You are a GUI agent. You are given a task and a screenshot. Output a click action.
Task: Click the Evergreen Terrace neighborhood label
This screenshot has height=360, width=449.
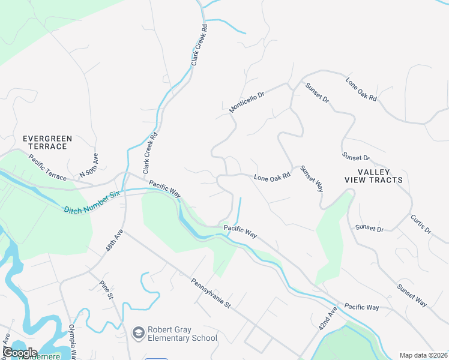pyautogui.click(x=47, y=142)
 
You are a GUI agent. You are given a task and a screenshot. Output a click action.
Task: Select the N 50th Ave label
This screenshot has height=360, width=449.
pyautogui.click(x=89, y=166)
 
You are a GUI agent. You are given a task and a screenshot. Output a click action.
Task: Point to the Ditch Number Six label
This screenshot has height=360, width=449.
pyautogui.click(x=92, y=202)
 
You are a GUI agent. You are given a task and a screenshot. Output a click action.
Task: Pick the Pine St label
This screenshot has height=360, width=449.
pyautogui.click(x=107, y=289)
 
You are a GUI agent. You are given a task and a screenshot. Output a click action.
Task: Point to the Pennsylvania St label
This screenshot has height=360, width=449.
pyautogui.click(x=211, y=293)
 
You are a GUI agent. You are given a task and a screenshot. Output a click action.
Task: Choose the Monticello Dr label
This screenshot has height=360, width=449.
pyautogui.click(x=247, y=100)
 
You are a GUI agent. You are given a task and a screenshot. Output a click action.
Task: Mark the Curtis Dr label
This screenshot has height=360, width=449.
pyautogui.click(x=421, y=224)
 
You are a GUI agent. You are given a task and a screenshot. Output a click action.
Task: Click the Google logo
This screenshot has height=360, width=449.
pyautogui.click(x=20, y=352)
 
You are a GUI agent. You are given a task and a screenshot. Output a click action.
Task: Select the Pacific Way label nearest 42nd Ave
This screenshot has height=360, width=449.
pyautogui.click(x=361, y=307)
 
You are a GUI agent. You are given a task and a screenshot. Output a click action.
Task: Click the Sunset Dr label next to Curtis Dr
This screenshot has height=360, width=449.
pyautogui.click(x=369, y=227)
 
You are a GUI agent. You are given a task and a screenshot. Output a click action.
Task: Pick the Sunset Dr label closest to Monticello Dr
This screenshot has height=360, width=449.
pyautogui.click(x=317, y=92)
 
